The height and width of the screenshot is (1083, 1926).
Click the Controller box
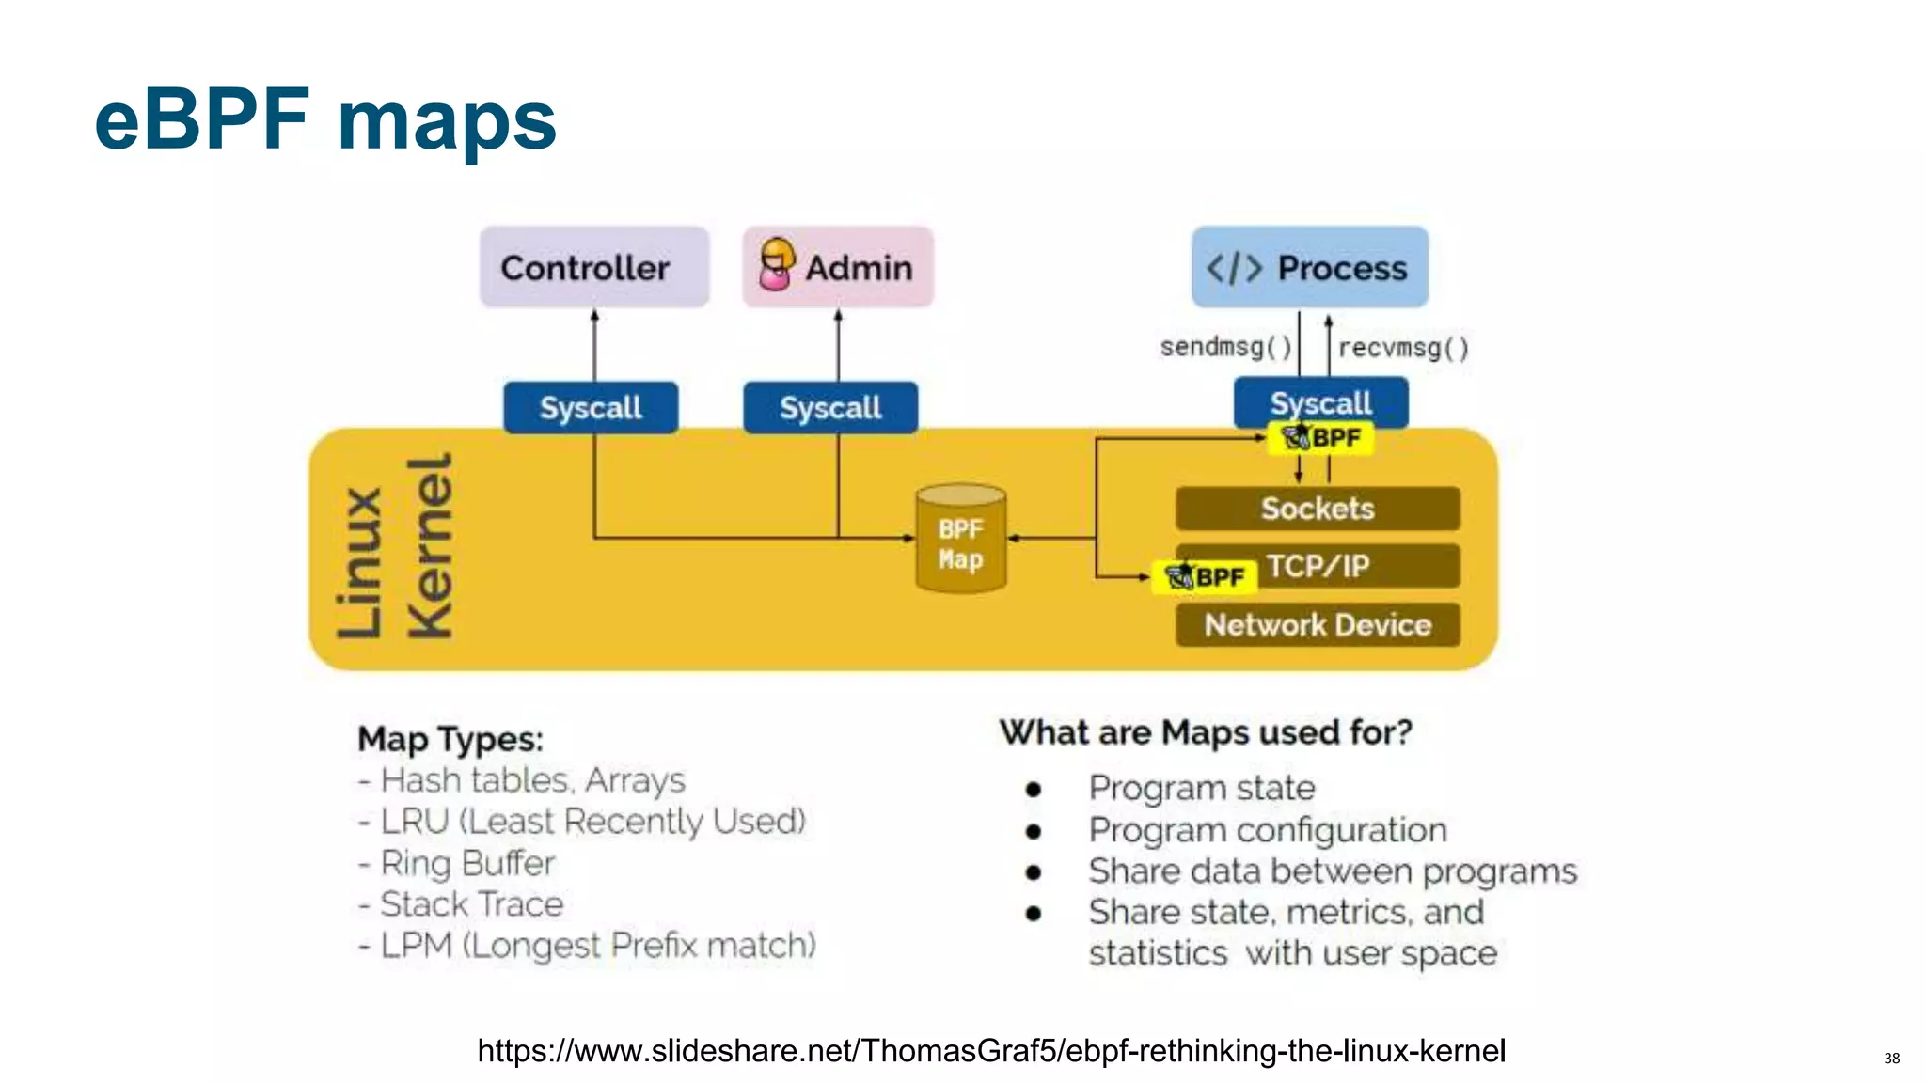[x=593, y=267]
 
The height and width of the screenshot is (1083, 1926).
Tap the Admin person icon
[x=776, y=264]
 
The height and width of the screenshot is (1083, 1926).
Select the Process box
[x=1309, y=267]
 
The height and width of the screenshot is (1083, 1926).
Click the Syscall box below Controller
[x=591, y=408]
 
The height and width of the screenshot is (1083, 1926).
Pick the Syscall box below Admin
[x=830, y=408]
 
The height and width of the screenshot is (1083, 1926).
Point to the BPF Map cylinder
[x=960, y=540]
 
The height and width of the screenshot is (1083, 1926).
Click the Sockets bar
[x=1317, y=509]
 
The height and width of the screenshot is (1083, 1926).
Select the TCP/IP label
[x=1317, y=566]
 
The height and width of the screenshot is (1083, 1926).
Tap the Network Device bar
[x=1317, y=625]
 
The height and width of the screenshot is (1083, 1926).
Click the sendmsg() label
[x=1225, y=347]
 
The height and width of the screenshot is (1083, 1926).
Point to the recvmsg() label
[x=1402, y=348]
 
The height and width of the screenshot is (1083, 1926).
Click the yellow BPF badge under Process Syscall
[x=1320, y=438]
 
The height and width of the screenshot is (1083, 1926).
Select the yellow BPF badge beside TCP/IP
[x=1205, y=576]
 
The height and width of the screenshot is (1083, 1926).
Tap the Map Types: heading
[x=450, y=739]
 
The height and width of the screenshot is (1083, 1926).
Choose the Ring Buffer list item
[x=467, y=863]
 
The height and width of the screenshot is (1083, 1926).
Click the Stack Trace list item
[x=471, y=904]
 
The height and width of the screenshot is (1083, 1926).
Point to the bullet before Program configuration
[x=1034, y=831]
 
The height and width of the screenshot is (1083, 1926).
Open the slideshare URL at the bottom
[x=991, y=1050]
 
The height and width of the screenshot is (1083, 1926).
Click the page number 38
[x=1891, y=1059]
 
